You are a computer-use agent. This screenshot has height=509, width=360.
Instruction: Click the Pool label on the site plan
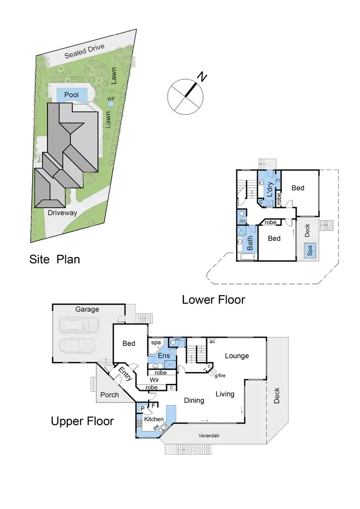[71, 95]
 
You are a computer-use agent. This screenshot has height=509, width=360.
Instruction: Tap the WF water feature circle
[111, 103]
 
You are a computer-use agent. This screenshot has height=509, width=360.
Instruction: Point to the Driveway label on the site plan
[62, 213]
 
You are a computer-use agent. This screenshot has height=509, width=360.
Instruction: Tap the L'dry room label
[270, 190]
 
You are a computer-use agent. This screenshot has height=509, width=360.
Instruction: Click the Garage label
[87, 309]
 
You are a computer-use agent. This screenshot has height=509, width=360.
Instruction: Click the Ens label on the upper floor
[164, 356]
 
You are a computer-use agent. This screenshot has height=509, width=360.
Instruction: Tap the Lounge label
[237, 355]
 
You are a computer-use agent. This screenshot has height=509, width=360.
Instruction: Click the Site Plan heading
[55, 260]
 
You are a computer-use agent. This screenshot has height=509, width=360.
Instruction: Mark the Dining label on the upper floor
[194, 400]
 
